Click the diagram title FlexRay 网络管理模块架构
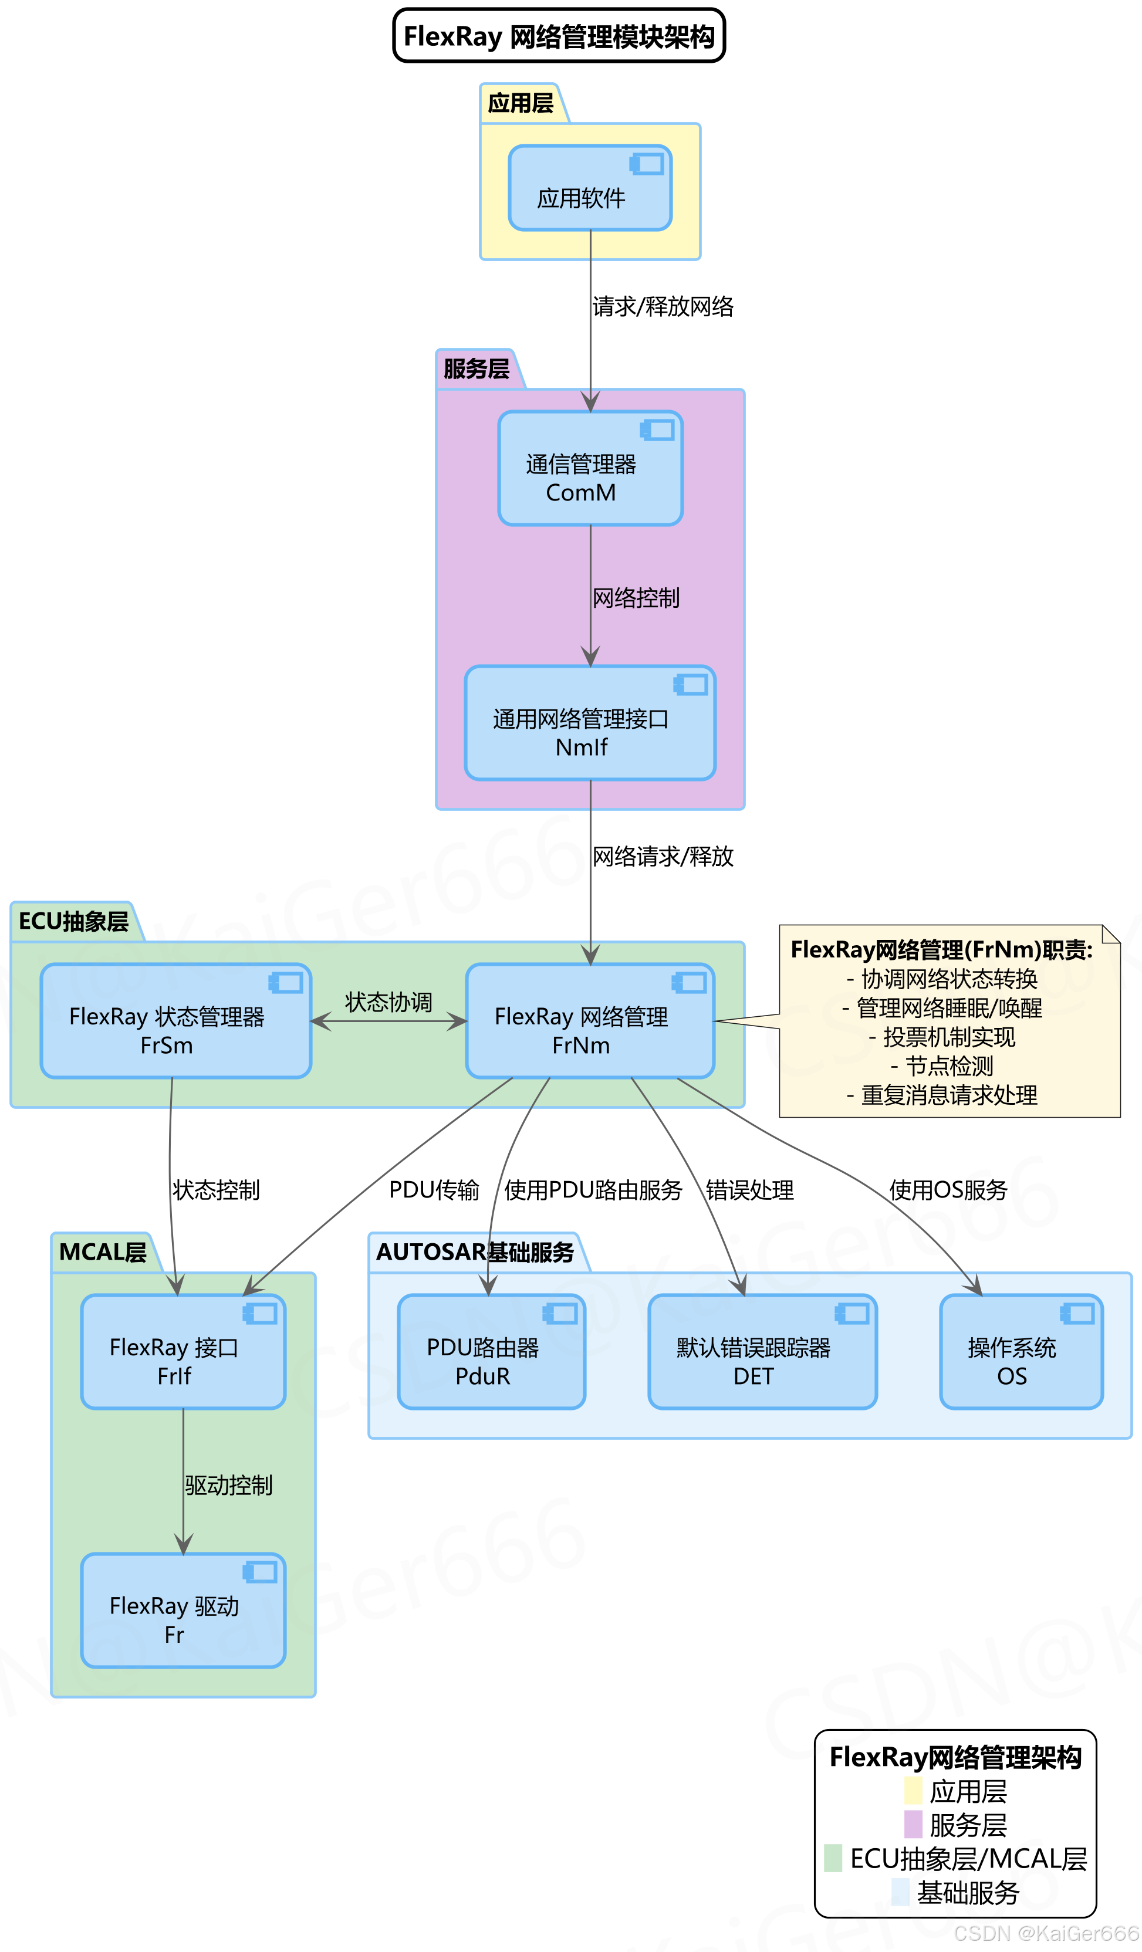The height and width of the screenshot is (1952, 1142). click(559, 36)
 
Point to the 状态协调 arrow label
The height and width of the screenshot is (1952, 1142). click(388, 1002)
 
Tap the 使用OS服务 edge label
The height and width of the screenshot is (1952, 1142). click(948, 1190)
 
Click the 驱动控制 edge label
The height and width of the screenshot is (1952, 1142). click(228, 1485)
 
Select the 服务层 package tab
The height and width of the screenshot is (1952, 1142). click(476, 368)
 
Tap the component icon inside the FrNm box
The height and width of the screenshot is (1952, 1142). click(689, 983)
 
